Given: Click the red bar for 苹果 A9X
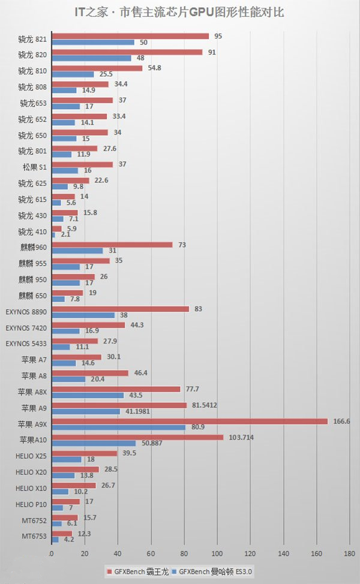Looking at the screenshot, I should coord(190,421).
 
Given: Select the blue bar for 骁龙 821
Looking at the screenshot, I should coord(93,43).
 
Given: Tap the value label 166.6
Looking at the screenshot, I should coord(340,421).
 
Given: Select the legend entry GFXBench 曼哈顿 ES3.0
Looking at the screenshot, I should coord(214,573).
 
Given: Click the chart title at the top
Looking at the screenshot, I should coord(180,11).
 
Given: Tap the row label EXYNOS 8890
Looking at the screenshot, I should coord(26,312).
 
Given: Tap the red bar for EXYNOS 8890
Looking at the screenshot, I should coord(121,309).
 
